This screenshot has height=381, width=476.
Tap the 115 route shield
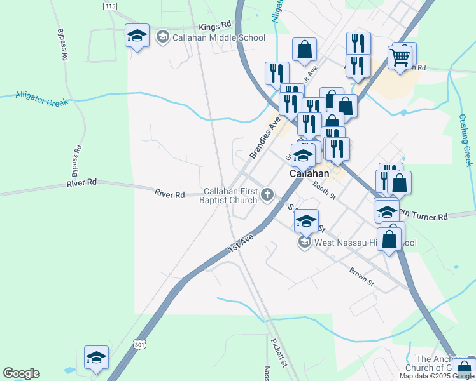point(109,6)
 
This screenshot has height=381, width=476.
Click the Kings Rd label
point(214,26)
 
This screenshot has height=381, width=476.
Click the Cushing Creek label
point(466,140)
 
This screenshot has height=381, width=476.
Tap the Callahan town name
point(309,173)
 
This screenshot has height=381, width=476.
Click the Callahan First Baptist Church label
point(230,196)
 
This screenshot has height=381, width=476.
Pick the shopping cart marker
point(400,58)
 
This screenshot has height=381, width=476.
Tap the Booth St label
point(325,190)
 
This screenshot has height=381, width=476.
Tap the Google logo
point(21,373)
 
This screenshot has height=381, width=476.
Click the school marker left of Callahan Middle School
point(137,36)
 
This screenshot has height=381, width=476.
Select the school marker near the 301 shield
point(96,358)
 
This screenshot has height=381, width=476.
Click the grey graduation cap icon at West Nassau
point(304,243)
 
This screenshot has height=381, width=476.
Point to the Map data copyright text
point(436,376)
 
